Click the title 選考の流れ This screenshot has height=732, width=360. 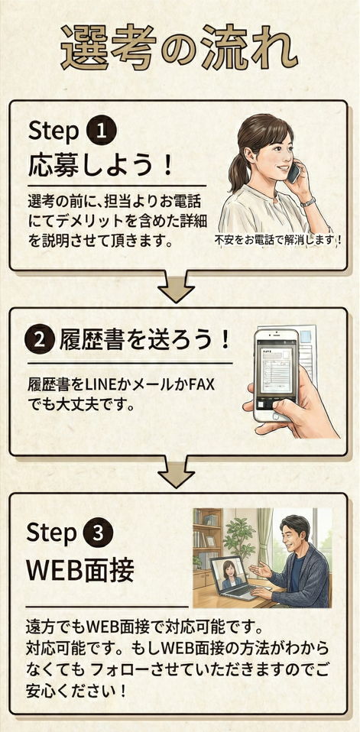180,48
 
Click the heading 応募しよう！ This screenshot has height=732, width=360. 100,166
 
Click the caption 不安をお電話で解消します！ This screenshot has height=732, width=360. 278,240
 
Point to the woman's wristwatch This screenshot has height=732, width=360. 308,202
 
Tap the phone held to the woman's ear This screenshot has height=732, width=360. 294,173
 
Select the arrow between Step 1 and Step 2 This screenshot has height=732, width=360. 176,286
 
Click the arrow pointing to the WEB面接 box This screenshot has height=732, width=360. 176,471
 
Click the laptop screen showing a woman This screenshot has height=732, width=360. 231,575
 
